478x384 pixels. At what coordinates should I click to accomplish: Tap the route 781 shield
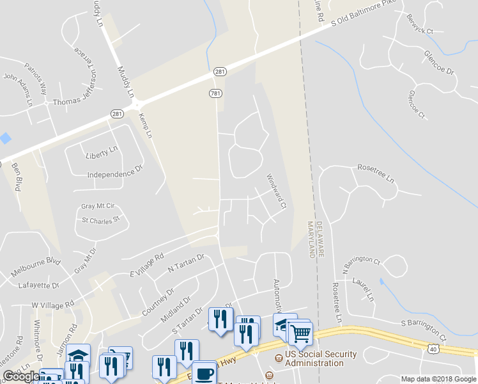(x=216, y=94)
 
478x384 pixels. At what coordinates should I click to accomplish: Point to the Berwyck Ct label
(x=420, y=22)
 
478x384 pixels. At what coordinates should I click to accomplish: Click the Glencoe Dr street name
(x=438, y=63)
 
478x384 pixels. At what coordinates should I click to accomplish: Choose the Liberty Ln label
(x=102, y=152)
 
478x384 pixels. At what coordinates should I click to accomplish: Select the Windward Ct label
(x=276, y=191)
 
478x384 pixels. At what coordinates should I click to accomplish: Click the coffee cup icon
(x=204, y=372)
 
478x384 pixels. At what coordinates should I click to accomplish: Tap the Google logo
(x=21, y=377)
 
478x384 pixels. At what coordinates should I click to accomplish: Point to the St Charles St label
(x=101, y=220)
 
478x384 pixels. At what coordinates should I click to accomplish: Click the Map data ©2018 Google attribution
(x=438, y=379)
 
